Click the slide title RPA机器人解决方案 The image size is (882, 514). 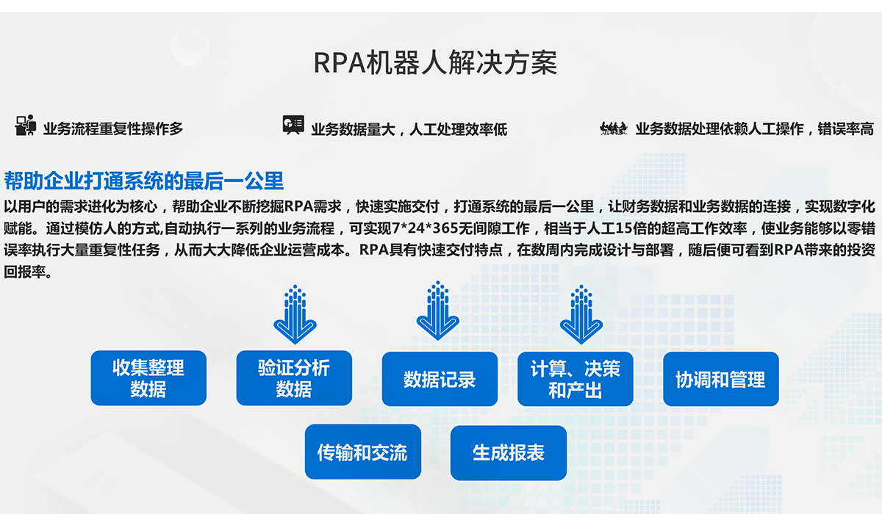(435, 63)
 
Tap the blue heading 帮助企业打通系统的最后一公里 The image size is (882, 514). (144, 180)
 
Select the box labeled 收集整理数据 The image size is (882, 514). (148, 378)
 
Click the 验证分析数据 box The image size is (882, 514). (294, 378)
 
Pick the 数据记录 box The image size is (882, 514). (440, 379)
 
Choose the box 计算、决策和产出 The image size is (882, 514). (576, 379)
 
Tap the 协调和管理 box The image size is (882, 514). (720, 379)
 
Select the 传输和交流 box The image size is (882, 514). (362, 452)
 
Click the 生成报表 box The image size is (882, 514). (509, 452)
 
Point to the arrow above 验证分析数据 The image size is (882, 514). (295, 314)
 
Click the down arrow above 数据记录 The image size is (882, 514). (438, 311)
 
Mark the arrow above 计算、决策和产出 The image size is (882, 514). (581, 314)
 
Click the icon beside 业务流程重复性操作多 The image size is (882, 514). (26, 126)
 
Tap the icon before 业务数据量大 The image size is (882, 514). (293, 125)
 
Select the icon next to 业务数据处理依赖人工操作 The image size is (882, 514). (613, 128)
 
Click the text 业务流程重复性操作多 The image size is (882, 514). (113, 129)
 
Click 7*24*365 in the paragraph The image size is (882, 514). (420, 228)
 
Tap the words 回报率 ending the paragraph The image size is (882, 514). (25, 271)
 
